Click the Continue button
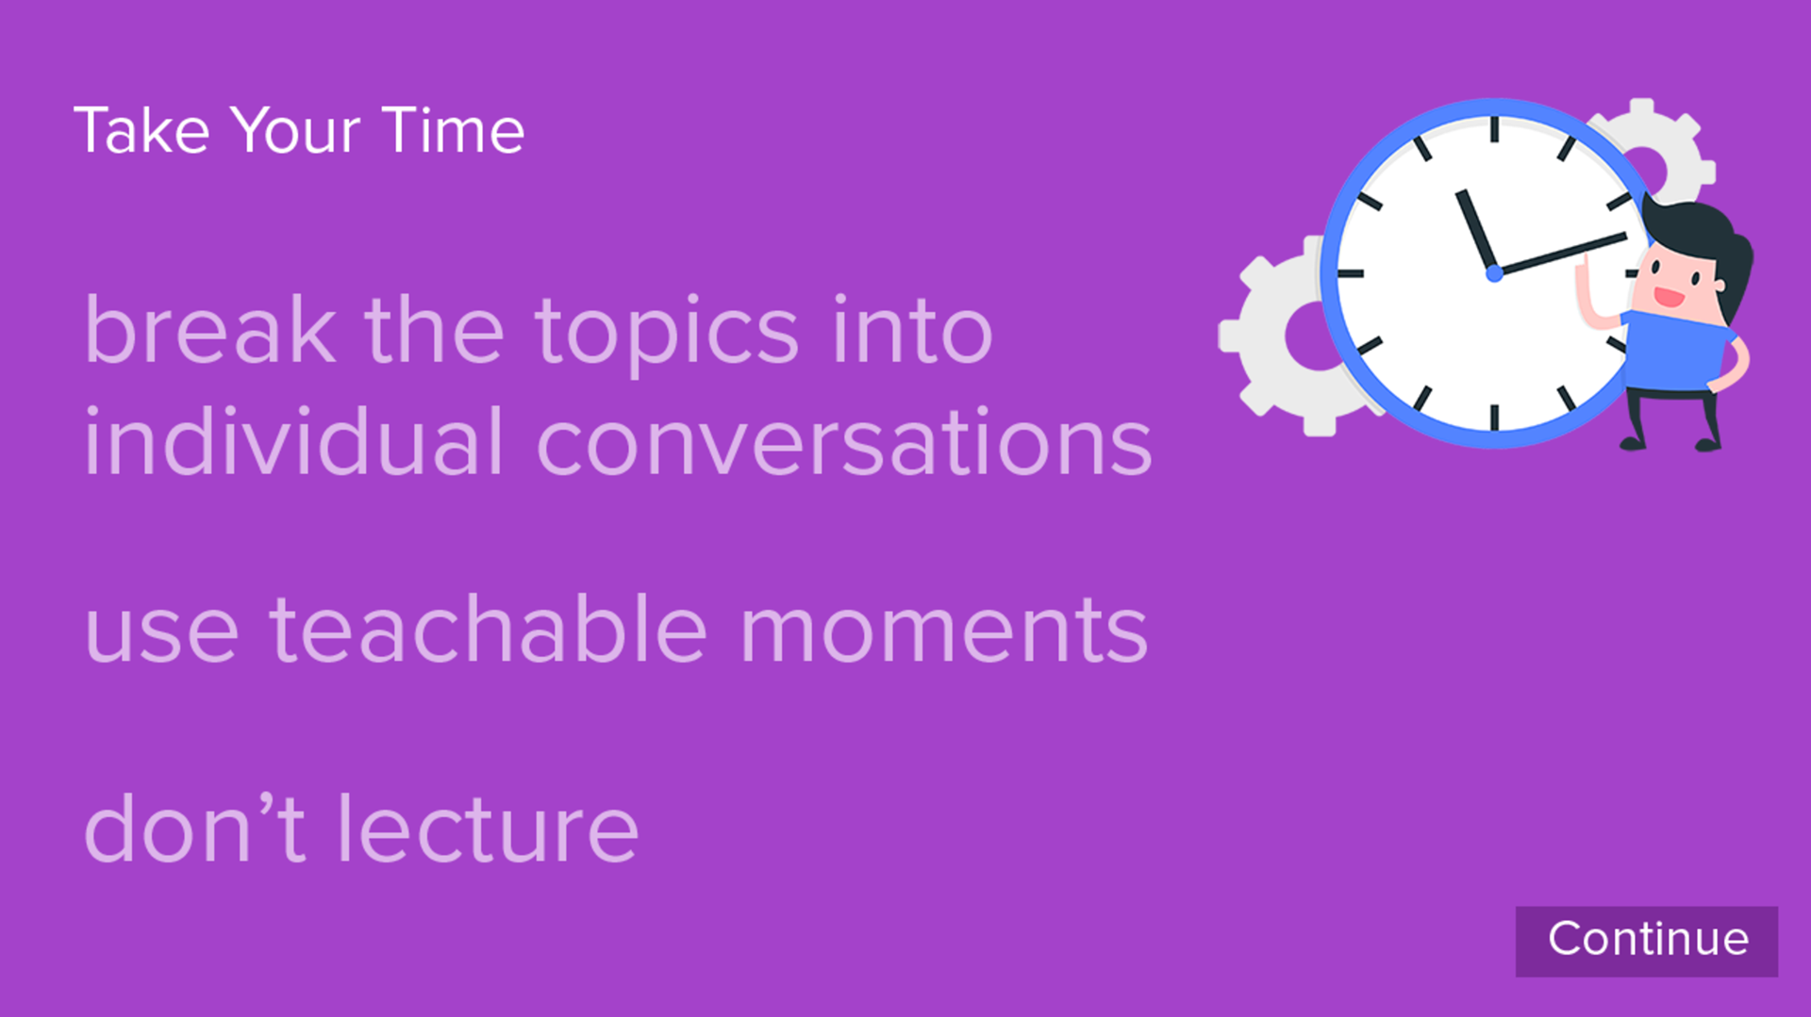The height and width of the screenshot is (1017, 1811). click(1646, 941)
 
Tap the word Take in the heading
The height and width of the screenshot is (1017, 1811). click(141, 130)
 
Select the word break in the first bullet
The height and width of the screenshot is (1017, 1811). click(209, 329)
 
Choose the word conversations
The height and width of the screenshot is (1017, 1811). click(844, 443)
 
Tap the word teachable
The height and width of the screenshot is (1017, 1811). click(488, 629)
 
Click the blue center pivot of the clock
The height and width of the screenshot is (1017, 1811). click(1494, 273)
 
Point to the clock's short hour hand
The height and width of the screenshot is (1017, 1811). click(1476, 231)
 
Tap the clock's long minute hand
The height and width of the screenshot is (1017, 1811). click(1561, 254)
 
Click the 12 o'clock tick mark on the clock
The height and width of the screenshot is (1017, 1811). click(1494, 129)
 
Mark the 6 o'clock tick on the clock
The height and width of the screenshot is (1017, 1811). click(1494, 418)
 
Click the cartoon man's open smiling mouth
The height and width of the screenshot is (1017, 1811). click(1669, 297)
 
